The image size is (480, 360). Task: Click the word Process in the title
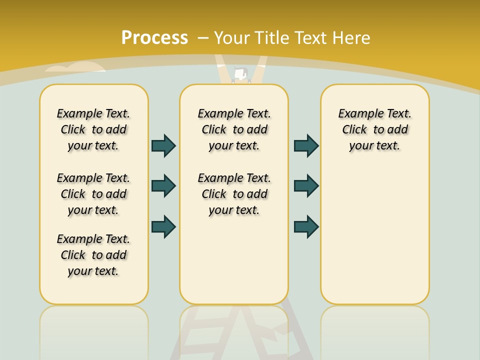click(154, 38)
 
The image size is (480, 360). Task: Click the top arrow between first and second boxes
click(163, 145)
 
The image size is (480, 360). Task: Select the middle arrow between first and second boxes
click(163, 186)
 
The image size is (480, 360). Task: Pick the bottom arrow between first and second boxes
click(163, 226)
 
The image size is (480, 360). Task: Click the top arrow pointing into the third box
click(306, 145)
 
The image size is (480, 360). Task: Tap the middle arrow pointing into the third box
click(306, 186)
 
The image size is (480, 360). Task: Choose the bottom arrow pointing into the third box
click(306, 226)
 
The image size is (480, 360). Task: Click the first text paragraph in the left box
click(93, 129)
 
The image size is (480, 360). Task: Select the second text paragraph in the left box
click(93, 194)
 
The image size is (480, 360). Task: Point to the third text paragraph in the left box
click(93, 255)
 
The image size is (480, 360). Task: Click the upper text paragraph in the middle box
click(234, 129)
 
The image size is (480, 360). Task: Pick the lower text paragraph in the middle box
click(234, 194)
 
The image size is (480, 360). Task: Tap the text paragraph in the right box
click(374, 129)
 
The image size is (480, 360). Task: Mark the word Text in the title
click(311, 38)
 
